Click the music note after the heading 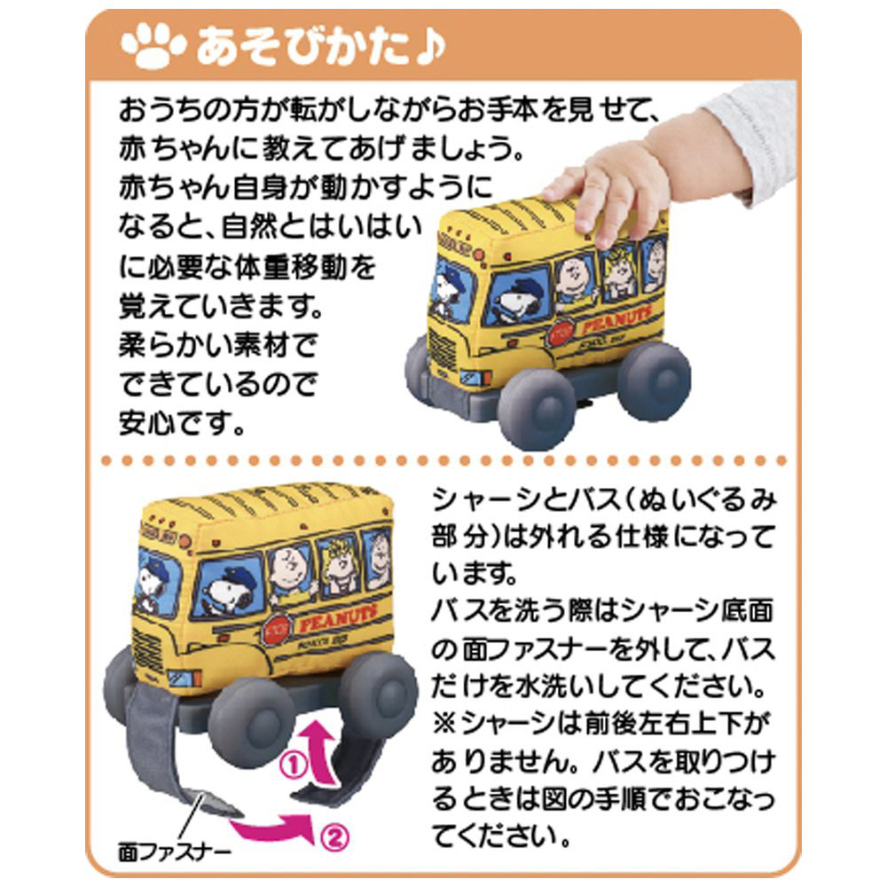430,45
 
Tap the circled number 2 334,836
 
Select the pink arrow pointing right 271,827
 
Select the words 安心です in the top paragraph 182,422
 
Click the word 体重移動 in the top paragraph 289,266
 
